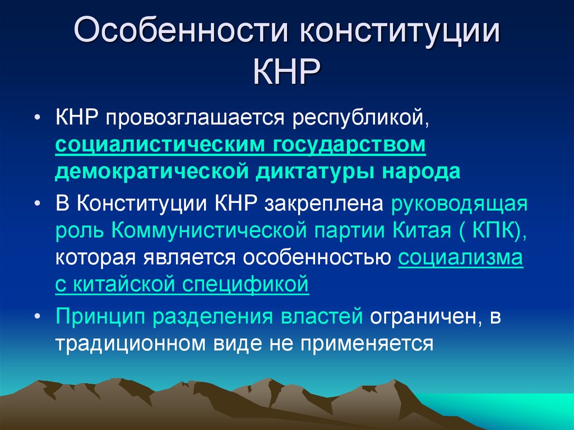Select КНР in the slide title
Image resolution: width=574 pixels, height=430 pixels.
[x=287, y=72]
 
